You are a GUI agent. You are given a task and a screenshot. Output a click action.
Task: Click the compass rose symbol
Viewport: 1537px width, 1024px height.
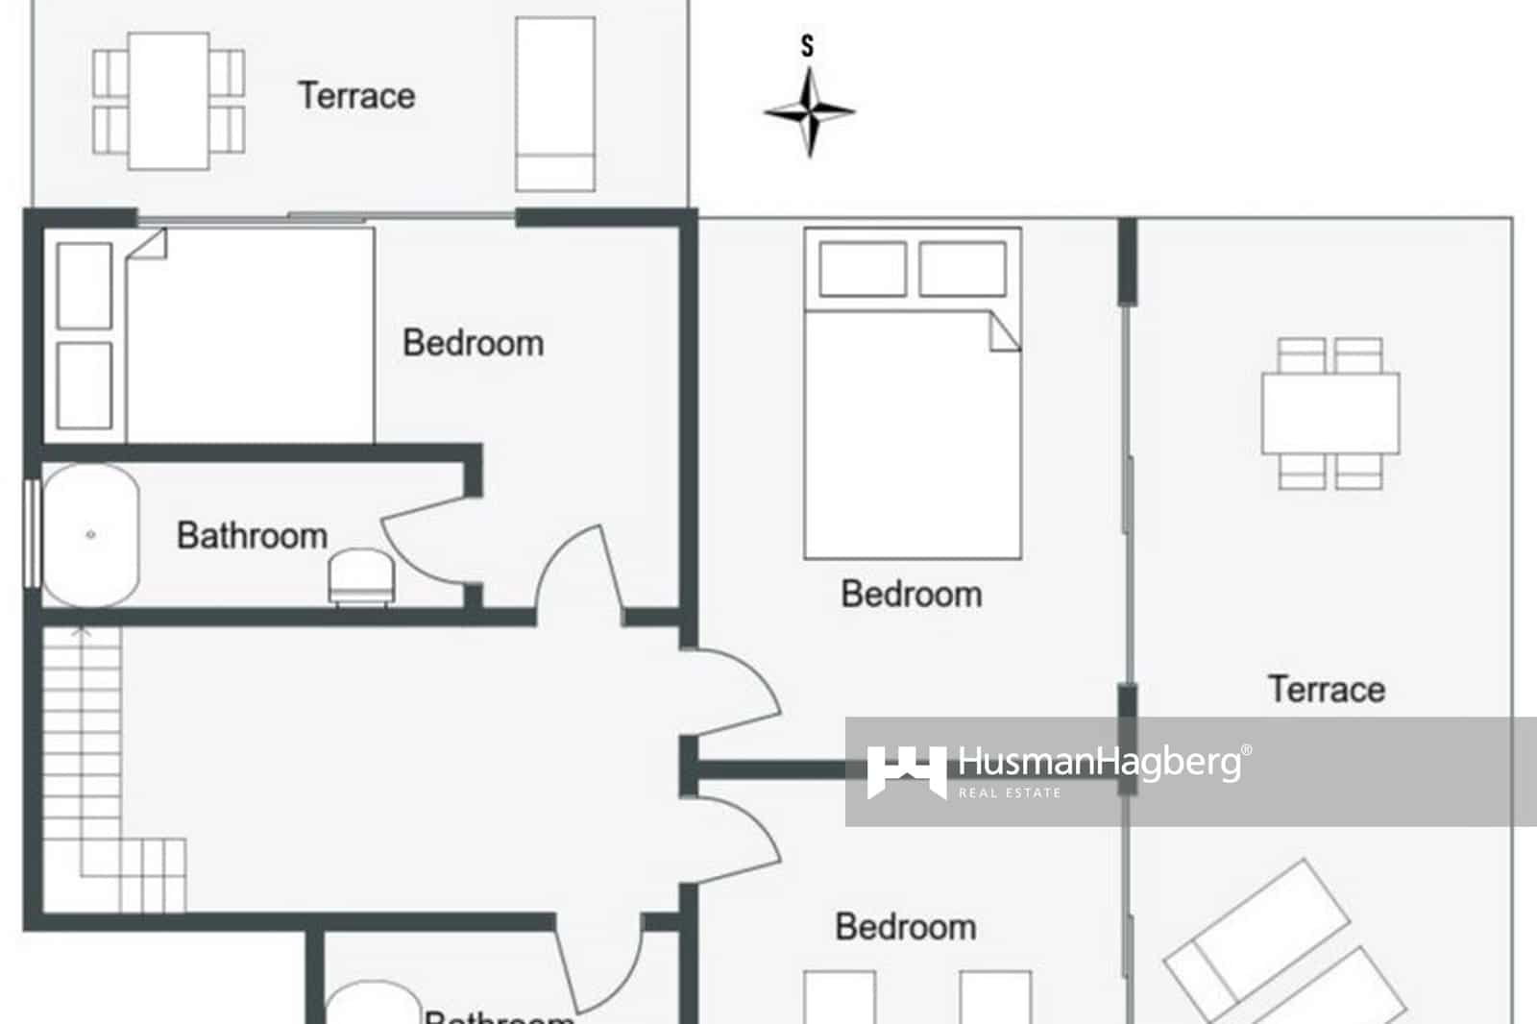click(x=810, y=112)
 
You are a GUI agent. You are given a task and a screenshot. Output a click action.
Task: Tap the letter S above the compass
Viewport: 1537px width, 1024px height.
click(x=807, y=45)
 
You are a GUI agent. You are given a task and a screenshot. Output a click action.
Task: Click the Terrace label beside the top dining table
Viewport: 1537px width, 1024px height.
click(x=356, y=96)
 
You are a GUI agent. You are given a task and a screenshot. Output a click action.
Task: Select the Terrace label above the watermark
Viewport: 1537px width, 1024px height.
click(x=1327, y=689)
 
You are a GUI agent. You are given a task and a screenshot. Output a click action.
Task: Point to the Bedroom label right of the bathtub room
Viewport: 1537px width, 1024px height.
click(x=473, y=343)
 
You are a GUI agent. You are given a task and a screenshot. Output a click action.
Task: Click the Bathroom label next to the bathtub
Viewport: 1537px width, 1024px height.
click(x=252, y=536)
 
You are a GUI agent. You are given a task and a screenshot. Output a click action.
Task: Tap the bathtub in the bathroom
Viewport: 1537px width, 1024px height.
click(x=90, y=535)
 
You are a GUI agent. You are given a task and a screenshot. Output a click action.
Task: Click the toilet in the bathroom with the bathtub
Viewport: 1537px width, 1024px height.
click(x=360, y=576)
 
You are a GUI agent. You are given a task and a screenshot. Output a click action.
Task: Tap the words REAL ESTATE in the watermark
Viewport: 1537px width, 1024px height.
click(x=1010, y=792)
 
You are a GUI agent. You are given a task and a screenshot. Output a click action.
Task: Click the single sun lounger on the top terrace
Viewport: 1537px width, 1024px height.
click(x=555, y=103)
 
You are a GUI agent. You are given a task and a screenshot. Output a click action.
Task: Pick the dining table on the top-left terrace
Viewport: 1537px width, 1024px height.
click(x=169, y=101)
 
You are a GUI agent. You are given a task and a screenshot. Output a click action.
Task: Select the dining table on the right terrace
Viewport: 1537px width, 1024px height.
click(x=1330, y=413)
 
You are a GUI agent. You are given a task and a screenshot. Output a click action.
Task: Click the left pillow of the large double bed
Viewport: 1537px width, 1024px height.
click(x=863, y=268)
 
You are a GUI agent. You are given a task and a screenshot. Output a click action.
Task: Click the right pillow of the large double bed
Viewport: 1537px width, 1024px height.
click(x=963, y=268)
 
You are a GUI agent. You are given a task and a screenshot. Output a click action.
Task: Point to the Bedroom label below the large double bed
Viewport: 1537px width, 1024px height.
click(x=911, y=595)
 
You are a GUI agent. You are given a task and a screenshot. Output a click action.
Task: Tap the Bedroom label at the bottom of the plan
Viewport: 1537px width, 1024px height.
click(x=905, y=927)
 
